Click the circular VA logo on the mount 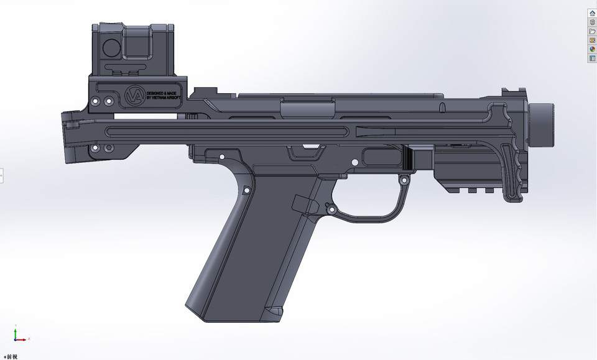134,96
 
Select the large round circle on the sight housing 112,46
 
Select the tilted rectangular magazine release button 300,202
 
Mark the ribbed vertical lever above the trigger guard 408,159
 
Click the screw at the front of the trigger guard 404,180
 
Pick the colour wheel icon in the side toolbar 592,49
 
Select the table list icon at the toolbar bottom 592,58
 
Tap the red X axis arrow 24,339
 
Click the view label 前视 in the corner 11,356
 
